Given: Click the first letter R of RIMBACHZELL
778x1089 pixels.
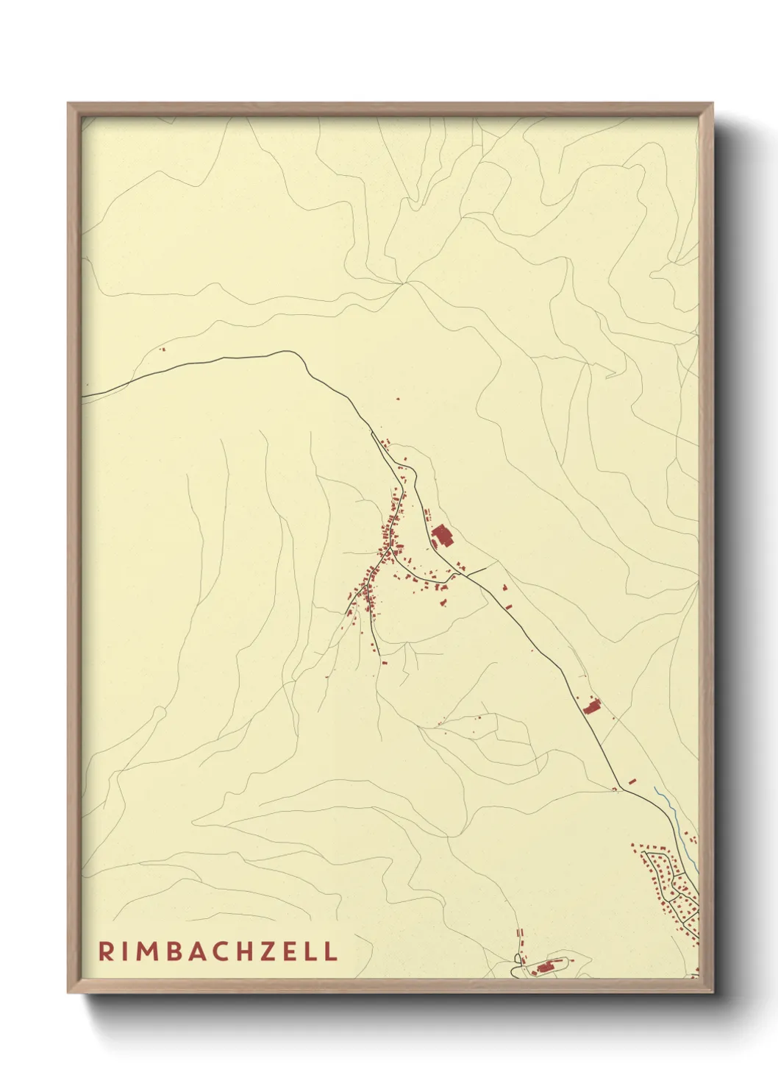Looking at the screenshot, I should pos(106,951).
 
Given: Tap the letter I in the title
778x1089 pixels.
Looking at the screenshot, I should pos(124,951).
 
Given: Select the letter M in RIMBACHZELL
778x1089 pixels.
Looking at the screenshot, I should pos(146,951).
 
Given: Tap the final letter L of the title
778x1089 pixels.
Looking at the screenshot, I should pos(331,951).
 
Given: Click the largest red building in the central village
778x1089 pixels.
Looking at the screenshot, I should pos(442,536).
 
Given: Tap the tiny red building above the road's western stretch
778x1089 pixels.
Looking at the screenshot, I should pos(163,350).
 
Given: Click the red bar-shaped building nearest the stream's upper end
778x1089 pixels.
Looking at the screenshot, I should pos(632,780).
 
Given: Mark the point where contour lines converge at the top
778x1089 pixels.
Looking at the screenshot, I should pos(402,283).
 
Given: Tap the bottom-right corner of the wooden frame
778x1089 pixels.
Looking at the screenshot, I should pos(712,992).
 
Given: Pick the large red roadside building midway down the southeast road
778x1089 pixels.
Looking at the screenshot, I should pos(592,706).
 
